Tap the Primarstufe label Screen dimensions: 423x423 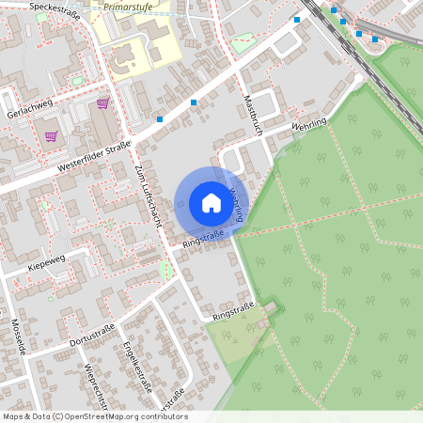click(129, 6)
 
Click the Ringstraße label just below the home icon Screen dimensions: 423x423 click(202, 241)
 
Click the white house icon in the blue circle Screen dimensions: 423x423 click(211, 202)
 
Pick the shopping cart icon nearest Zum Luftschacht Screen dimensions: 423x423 click(102, 103)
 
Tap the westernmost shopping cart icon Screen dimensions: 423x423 click(50, 136)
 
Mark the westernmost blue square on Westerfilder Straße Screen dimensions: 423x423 click(160, 119)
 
